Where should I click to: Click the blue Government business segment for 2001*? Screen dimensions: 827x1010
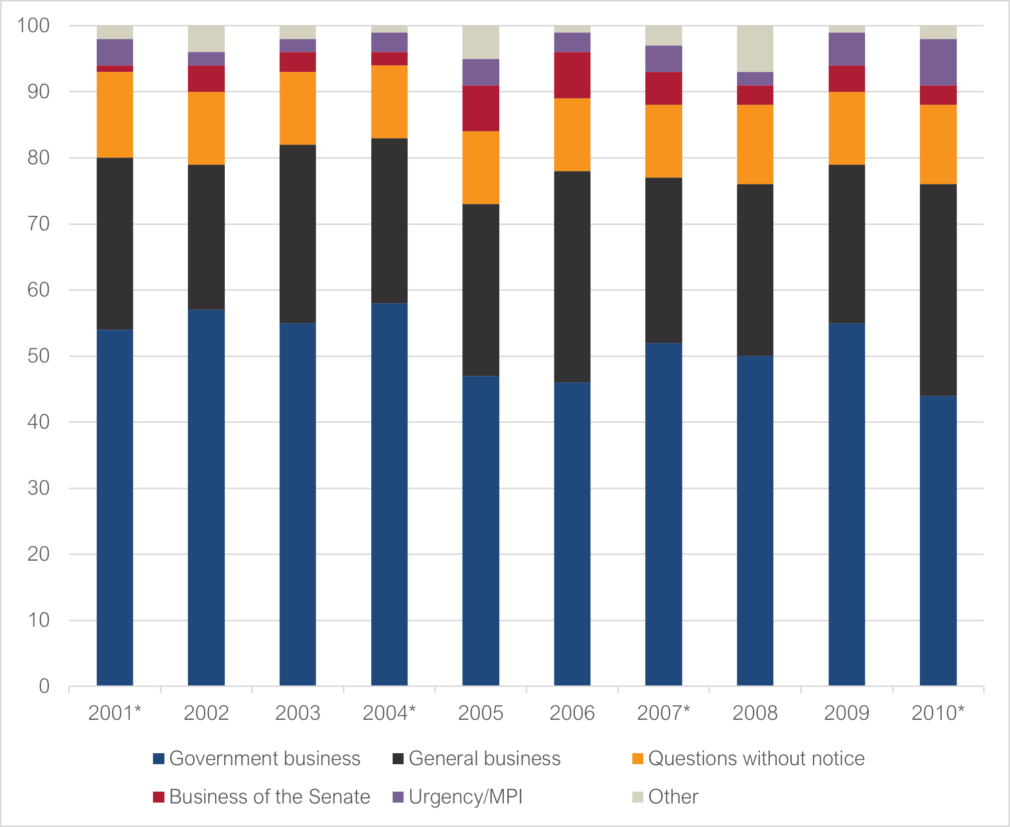pos(115,507)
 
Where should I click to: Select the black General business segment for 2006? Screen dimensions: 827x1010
pos(572,277)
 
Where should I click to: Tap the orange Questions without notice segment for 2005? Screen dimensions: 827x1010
pos(481,167)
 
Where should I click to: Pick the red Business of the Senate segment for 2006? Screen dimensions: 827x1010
pos(572,75)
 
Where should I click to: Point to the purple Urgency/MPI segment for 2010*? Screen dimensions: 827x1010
pos(938,62)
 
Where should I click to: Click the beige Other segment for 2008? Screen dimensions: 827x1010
pos(755,48)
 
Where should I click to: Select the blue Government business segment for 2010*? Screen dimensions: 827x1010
pos(938,540)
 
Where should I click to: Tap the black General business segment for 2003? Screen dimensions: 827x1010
pos(297,234)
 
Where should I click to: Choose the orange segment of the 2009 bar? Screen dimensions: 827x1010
pos(847,128)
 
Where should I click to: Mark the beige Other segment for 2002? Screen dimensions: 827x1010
pos(206,38)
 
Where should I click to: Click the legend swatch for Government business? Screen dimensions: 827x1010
pos(158,759)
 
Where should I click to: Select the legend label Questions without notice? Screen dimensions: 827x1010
pos(756,759)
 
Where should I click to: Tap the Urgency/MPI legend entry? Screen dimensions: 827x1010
pos(465,797)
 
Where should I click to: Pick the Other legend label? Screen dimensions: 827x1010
pos(673,797)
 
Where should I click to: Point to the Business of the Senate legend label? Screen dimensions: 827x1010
pos(270,797)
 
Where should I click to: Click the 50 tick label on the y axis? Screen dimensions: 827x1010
pos(38,356)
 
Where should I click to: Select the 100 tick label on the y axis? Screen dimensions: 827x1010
pos(33,25)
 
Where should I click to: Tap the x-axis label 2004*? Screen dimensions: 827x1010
pos(389,713)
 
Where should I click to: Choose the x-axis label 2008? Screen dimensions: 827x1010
pos(755,713)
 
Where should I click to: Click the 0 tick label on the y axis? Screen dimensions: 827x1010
pos(44,686)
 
